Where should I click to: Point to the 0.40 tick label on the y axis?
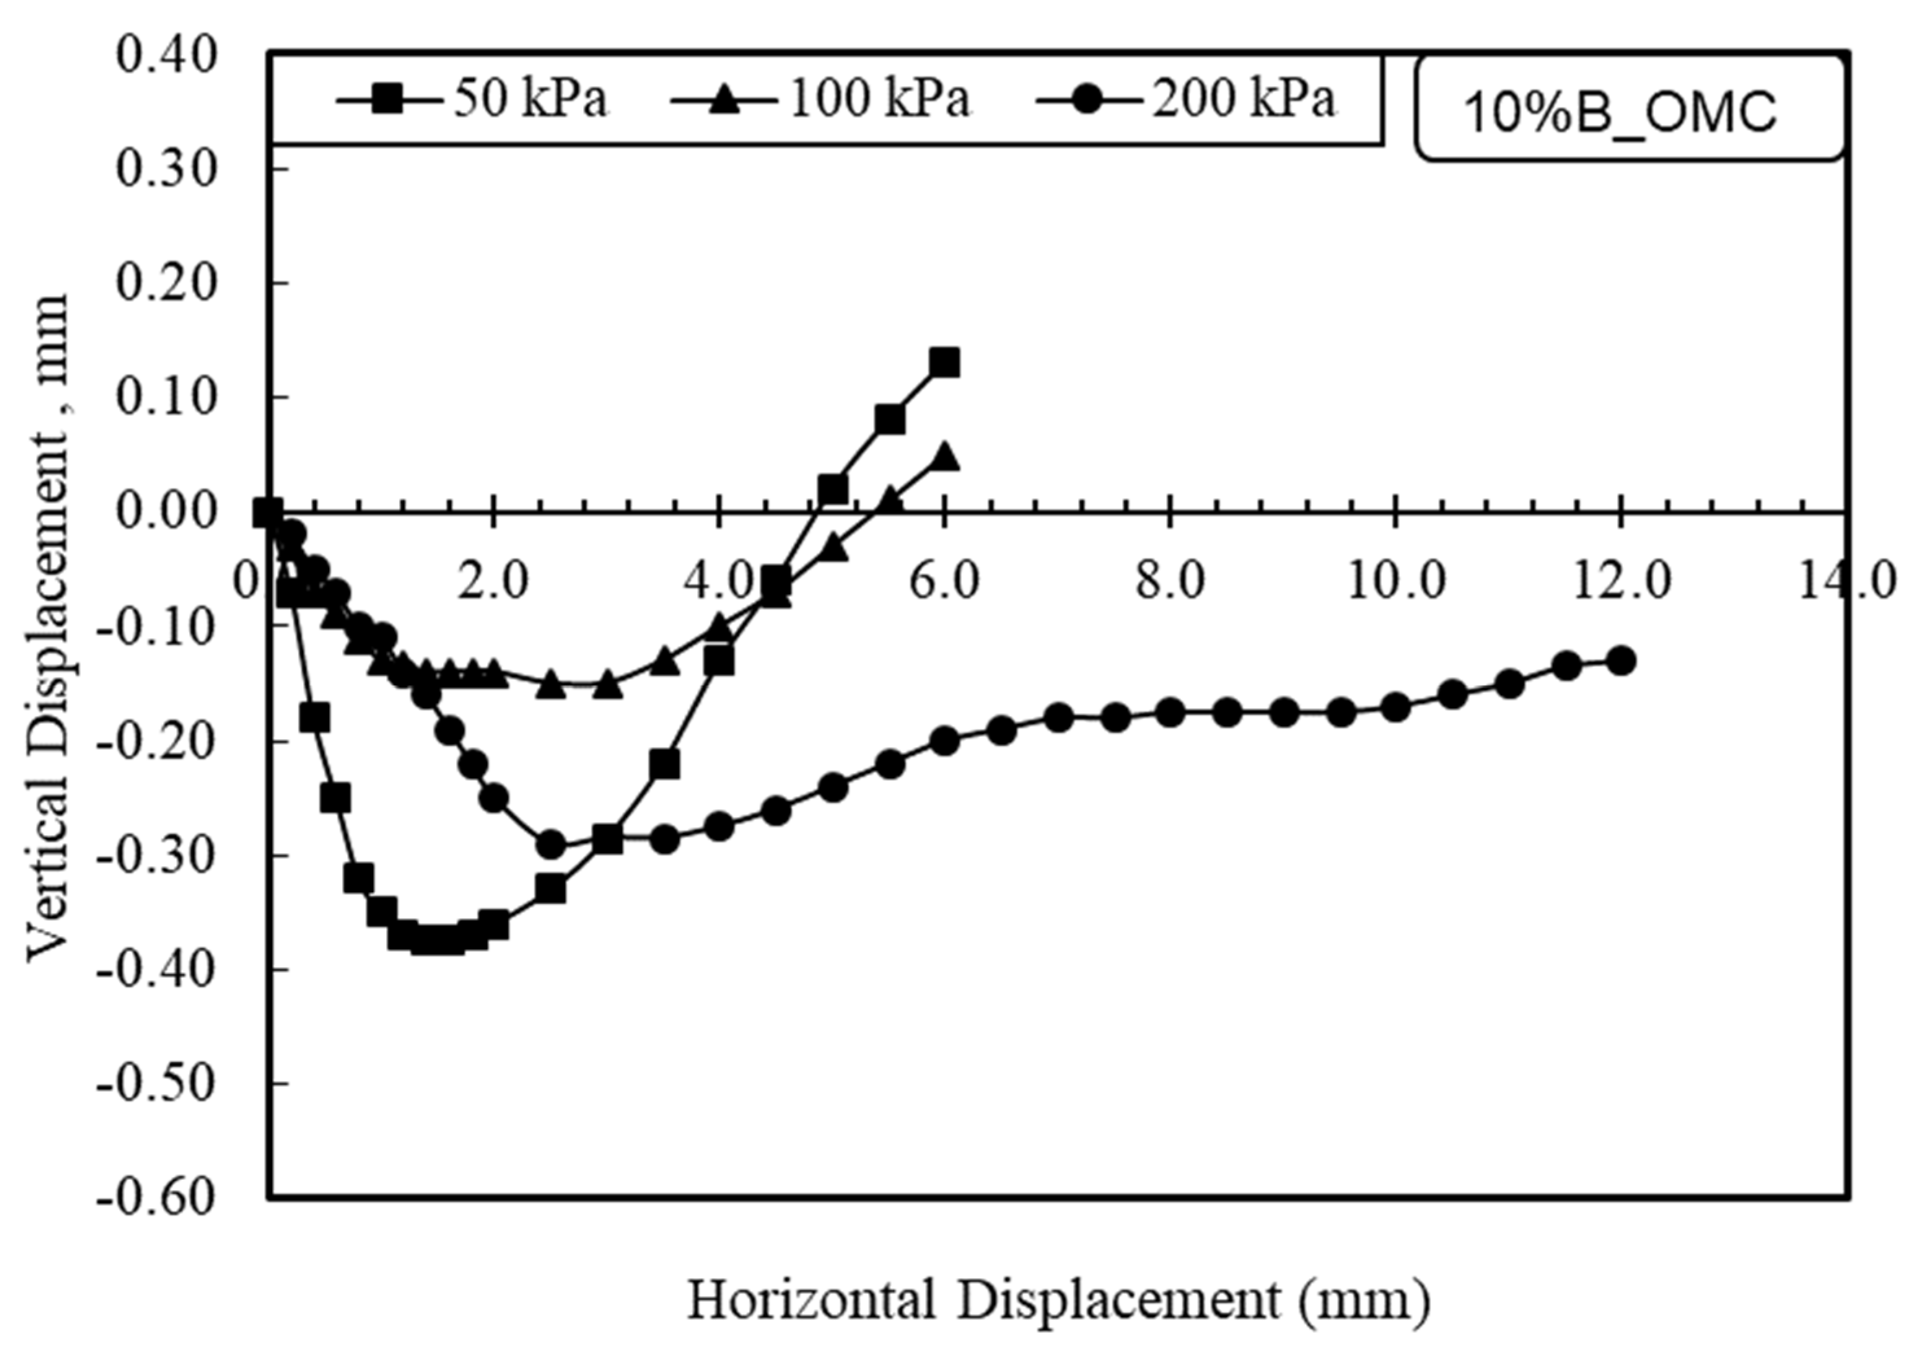point(165,55)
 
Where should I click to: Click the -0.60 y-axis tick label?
point(156,1198)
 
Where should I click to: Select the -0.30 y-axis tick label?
point(156,855)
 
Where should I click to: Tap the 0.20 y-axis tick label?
point(165,283)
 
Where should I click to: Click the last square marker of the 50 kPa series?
point(944,363)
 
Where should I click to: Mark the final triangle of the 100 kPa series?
point(944,457)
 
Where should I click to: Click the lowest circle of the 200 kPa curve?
point(550,845)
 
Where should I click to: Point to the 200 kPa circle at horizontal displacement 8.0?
point(1170,713)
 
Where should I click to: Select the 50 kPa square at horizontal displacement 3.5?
point(664,764)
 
